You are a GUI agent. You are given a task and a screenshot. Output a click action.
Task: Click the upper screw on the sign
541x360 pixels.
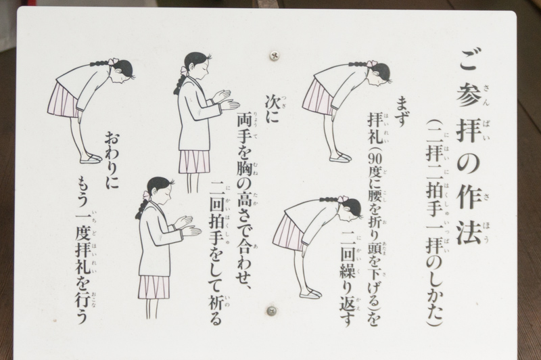click(x=275, y=55)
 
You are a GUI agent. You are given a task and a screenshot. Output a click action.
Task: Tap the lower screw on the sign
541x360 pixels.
click(x=272, y=311)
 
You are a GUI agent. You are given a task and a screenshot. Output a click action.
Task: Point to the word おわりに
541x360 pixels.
click(x=111, y=160)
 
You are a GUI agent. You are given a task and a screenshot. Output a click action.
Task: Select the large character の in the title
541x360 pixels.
click(x=469, y=161)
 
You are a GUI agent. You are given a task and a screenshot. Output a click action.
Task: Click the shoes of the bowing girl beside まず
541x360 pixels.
click(x=340, y=158)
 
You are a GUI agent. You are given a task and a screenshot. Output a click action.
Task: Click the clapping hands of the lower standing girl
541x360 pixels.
click(x=188, y=227)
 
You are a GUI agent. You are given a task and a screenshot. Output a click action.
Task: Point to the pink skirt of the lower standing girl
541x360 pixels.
click(x=154, y=287)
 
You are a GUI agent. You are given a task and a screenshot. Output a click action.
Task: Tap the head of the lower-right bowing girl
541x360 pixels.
click(x=350, y=209)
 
